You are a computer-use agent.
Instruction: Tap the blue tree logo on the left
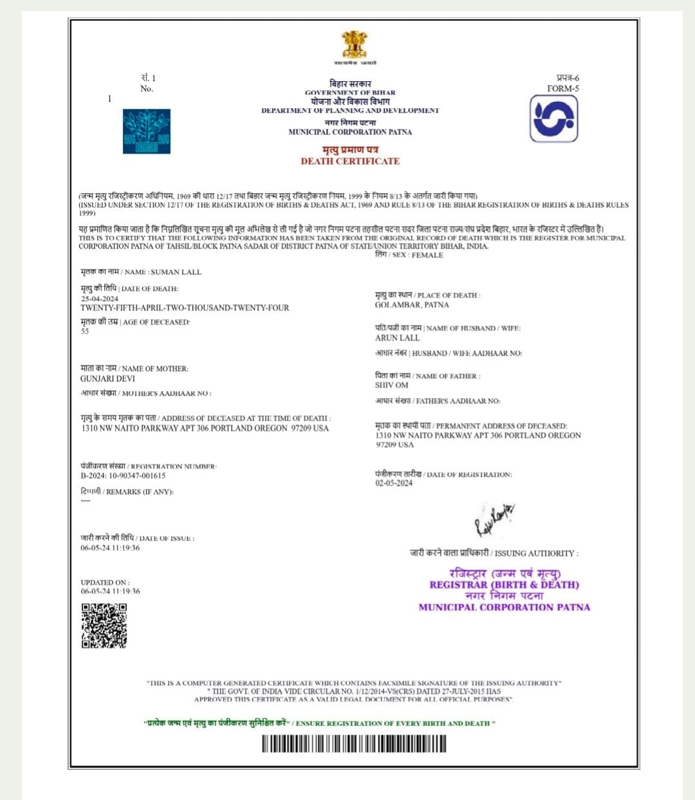click(147, 131)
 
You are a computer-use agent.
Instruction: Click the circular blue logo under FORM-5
click(553, 119)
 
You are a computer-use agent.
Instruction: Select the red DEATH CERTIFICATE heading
click(350, 161)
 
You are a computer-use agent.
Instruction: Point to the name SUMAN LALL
click(176, 272)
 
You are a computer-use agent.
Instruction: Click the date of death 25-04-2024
click(100, 299)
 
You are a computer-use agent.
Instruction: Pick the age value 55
click(85, 331)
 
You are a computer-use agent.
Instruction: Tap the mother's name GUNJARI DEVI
click(107, 379)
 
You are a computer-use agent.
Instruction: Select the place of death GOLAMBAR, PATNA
click(412, 305)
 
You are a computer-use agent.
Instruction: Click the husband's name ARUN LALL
click(397, 338)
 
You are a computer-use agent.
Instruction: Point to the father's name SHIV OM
click(391, 385)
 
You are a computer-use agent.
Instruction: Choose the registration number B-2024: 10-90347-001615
click(123, 476)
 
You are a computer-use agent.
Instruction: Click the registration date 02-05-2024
click(394, 483)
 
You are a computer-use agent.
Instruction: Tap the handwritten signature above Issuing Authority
click(494, 519)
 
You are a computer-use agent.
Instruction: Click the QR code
click(104, 625)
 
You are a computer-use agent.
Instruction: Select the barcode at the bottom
click(353, 744)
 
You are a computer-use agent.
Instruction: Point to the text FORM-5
click(563, 88)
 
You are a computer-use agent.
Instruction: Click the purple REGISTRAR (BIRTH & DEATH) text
click(504, 585)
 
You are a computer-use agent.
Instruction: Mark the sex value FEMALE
click(427, 255)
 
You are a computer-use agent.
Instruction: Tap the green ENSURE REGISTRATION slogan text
click(395, 723)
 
